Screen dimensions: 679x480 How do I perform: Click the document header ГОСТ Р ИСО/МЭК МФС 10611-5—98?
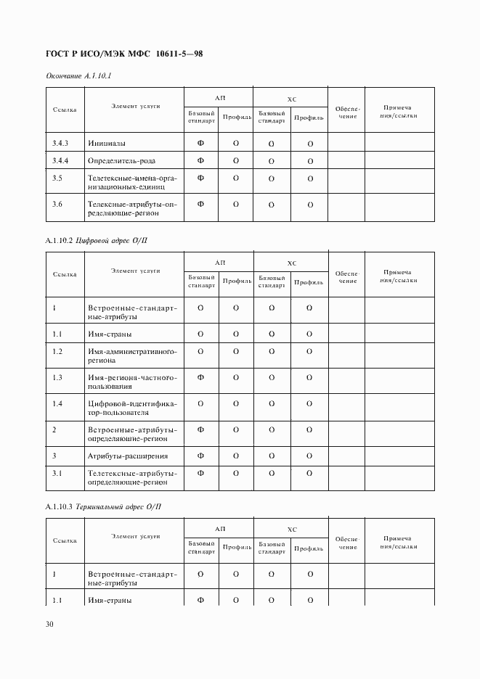coord(124,53)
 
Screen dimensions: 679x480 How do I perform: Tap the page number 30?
coord(49,624)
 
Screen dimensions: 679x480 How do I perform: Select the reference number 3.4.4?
coord(60,160)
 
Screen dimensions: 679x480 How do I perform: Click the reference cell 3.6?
coord(57,204)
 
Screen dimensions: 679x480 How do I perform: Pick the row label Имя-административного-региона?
coord(132,355)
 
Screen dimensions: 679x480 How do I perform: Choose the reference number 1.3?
coord(57,377)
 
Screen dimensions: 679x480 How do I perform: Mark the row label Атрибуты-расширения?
coord(128,456)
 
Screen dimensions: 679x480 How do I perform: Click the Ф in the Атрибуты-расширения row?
coord(200,456)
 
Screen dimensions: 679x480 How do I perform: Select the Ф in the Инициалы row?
coord(200,143)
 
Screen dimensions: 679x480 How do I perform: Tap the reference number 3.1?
coord(57,473)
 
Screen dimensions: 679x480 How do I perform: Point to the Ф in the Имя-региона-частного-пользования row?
coord(200,377)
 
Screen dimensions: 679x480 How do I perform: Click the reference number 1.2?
coord(57,351)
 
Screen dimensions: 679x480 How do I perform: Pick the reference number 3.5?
coord(57,178)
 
